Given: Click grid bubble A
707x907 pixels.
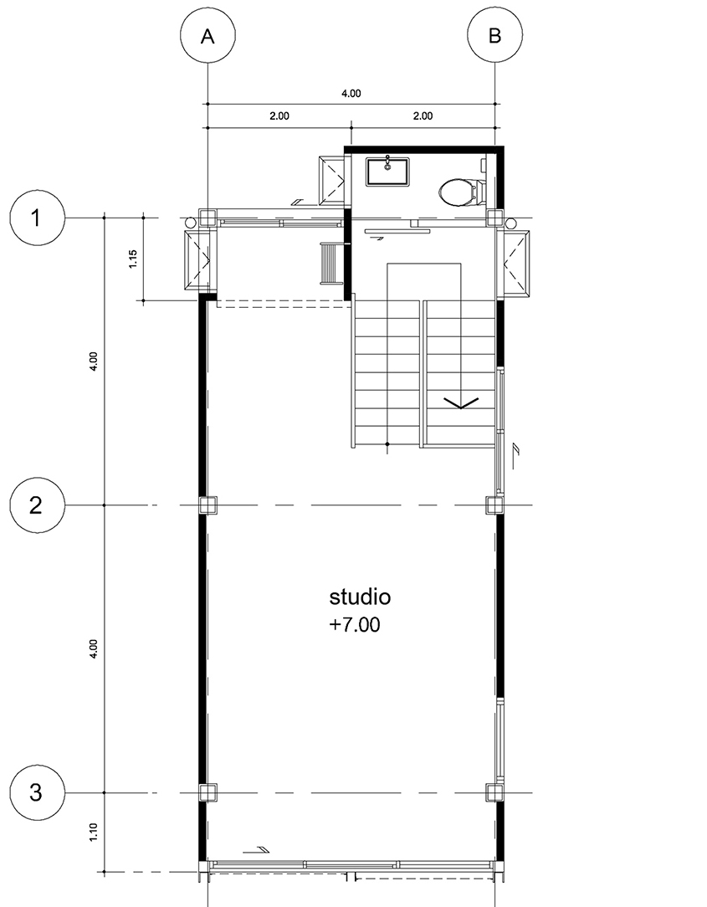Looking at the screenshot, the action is (x=207, y=36).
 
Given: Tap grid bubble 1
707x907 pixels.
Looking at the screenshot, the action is (x=37, y=218).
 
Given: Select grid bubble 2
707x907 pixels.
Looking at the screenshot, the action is (x=37, y=505).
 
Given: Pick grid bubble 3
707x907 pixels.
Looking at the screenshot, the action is (x=37, y=792).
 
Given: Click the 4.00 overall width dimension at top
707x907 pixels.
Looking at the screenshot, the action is (x=351, y=93).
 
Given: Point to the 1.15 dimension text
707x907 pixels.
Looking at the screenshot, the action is (x=133, y=259).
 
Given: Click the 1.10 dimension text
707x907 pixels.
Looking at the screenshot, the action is (x=94, y=833).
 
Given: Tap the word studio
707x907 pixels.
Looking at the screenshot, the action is (x=360, y=597).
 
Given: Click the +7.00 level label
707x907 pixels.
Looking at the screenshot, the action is (x=355, y=625).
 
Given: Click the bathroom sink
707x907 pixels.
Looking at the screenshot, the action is (x=388, y=172).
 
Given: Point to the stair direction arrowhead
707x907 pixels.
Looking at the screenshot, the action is (x=461, y=403).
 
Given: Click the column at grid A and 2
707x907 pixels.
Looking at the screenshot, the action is (x=207, y=505).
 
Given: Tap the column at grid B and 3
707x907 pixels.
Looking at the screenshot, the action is (x=494, y=792).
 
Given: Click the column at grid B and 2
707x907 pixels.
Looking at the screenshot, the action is (x=494, y=505).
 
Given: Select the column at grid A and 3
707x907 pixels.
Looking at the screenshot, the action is (x=207, y=792).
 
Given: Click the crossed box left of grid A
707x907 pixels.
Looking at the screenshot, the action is (x=197, y=260).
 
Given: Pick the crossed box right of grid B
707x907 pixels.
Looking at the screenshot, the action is (x=516, y=264).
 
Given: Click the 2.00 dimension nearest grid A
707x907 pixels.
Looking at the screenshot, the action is (x=279, y=115).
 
